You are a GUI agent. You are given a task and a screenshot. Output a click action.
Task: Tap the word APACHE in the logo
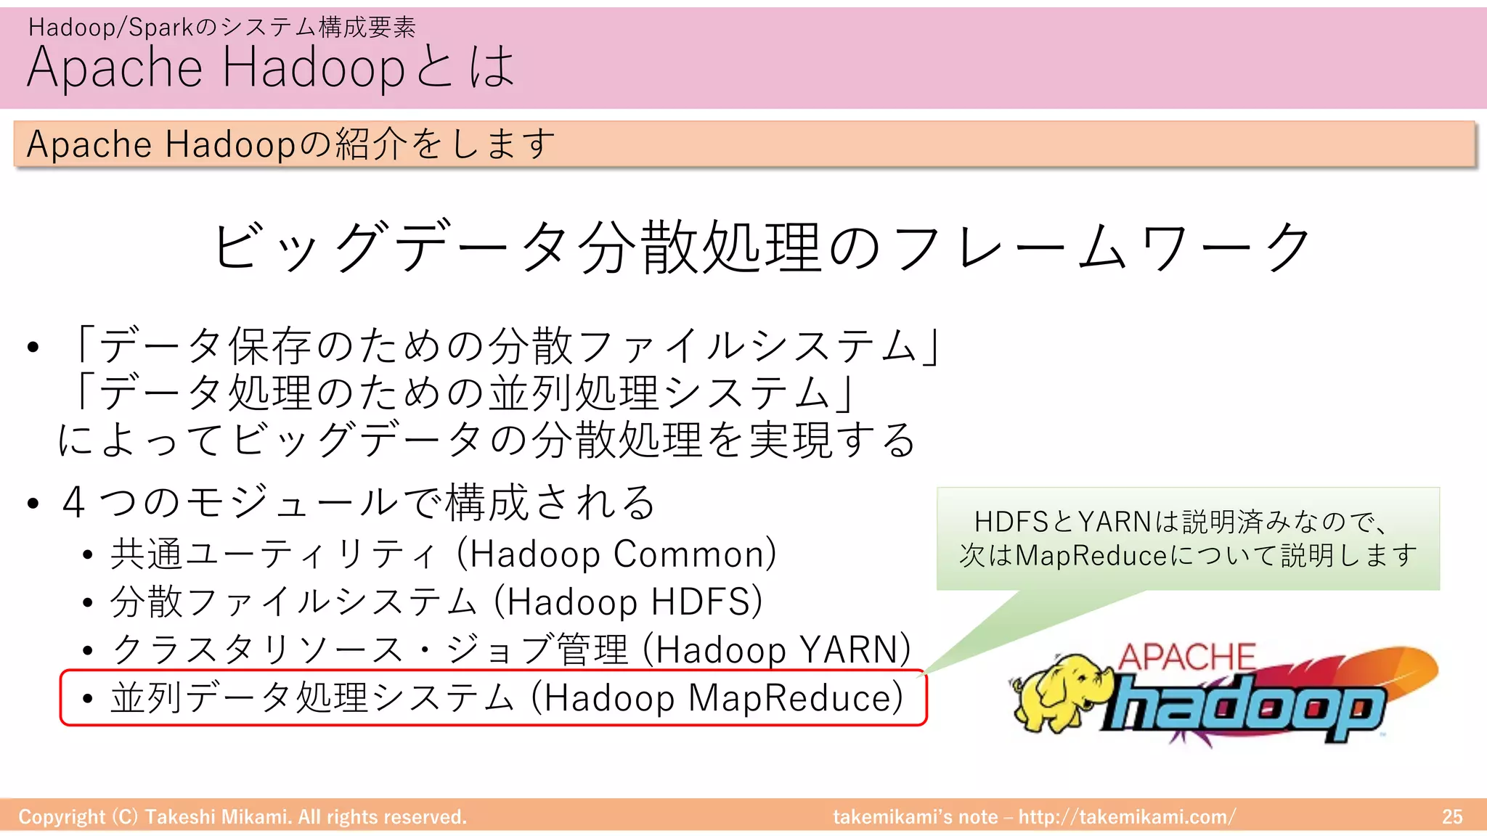[x=1186, y=657]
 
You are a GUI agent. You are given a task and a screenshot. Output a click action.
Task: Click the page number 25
[x=1452, y=817]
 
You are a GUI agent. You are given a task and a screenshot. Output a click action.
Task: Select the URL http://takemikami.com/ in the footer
[x=1127, y=817]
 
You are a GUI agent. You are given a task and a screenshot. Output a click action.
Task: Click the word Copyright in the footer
[x=62, y=817]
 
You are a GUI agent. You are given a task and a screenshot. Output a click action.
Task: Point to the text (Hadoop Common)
[x=616, y=554]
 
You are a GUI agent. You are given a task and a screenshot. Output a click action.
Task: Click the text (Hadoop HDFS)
[x=628, y=602]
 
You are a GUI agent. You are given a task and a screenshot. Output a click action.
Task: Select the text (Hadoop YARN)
[x=777, y=649]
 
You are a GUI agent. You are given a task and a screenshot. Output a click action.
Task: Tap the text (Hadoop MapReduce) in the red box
[x=717, y=698]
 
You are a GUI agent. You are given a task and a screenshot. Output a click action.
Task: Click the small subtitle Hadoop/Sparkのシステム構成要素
[x=221, y=28]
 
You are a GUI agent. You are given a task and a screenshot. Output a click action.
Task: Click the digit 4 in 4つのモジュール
[x=74, y=502]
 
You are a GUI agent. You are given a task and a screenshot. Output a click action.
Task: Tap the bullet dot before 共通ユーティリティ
[x=88, y=556]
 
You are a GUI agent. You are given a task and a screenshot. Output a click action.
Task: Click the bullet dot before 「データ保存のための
[x=33, y=347]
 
